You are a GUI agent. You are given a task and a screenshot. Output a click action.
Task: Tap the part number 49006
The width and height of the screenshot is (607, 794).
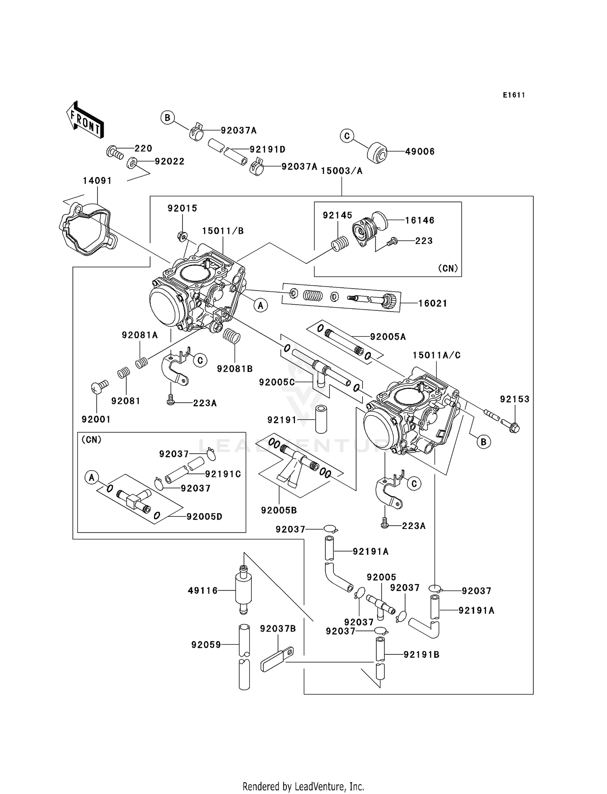pyautogui.click(x=420, y=152)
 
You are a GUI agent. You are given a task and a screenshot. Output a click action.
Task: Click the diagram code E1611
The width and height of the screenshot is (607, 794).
pyautogui.click(x=514, y=95)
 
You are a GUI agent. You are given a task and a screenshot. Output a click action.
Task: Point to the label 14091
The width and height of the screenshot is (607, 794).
pyautogui.click(x=97, y=181)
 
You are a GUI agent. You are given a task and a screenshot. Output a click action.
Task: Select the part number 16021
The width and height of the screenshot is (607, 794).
pyautogui.click(x=433, y=304)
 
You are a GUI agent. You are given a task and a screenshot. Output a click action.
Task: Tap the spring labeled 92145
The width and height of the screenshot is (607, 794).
pyautogui.click(x=340, y=244)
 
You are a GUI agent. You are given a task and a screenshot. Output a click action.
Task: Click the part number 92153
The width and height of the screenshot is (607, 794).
pyautogui.click(x=514, y=399)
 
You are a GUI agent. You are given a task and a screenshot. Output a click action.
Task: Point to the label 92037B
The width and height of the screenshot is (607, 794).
pyautogui.click(x=278, y=629)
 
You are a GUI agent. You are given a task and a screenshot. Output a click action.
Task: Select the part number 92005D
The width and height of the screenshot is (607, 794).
pyautogui.click(x=204, y=517)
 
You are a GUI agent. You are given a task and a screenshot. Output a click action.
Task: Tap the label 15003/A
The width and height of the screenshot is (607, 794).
pyautogui.click(x=342, y=171)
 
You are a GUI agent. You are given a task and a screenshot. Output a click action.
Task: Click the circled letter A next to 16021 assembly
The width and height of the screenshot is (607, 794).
pyautogui.click(x=260, y=306)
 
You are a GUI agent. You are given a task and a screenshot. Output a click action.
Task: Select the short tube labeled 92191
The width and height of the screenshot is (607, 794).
pyautogui.click(x=321, y=418)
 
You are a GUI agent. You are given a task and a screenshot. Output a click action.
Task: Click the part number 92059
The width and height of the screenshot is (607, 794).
pyautogui.click(x=206, y=645)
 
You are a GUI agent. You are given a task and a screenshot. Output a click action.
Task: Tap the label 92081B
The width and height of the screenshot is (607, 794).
pyautogui.click(x=235, y=369)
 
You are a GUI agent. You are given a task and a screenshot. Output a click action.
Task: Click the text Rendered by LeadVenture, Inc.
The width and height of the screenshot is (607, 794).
pyautogui.click(x=303, y=786)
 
